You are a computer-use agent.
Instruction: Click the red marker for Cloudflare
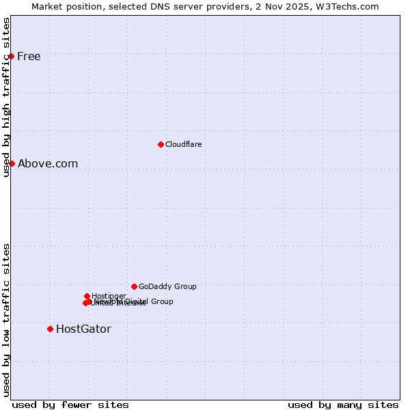pos(161,144)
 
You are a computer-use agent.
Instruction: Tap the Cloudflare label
pos(184,144)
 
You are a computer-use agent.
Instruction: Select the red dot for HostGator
pos(50,329)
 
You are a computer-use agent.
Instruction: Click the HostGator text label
pos(83,329)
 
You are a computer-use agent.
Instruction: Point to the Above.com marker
pos(12,163)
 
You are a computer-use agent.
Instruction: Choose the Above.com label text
pos(48,163)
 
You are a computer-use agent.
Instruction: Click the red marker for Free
pos(12,56)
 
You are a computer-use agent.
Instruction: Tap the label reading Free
pos(29,56)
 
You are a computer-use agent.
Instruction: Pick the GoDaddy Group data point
pos(134,286)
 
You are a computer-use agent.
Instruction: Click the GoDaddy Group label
pos(167,286)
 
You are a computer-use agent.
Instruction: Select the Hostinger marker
pos(87,296)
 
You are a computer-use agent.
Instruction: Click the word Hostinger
pos(109,295)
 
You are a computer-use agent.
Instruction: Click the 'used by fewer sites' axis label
pos(70,405)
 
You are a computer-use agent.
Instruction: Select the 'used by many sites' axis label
pos(343,405)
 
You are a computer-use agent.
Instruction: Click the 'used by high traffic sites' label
pos(6,97)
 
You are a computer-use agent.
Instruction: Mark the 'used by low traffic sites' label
pos(6,320)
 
